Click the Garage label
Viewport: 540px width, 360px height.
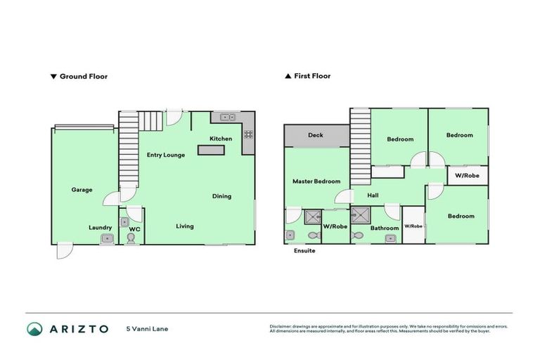[x=82, y=190]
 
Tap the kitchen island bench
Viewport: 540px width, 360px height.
[x=210, y=150]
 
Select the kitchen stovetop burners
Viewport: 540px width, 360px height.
[x=248, y=134]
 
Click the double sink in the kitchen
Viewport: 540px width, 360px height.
[x=227, y=117]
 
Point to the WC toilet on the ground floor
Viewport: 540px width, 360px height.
[x=131, y=238]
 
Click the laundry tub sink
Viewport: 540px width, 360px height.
[x=106, y=239]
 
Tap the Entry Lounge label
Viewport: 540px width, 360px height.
[x=165, y=155]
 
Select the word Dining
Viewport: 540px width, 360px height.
[x=221, y=196]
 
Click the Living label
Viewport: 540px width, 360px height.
[x=185, y=226]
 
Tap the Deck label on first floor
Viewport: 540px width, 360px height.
[x=316, y=135]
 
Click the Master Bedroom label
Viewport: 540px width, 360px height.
[x=316, y=181]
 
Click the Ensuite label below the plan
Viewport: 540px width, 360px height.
[x=304, y=250]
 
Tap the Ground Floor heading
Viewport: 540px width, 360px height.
[x=83, y=76]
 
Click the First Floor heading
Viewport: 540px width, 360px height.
[x=311, y=76]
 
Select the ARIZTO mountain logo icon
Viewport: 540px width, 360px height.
[x=35, y=328]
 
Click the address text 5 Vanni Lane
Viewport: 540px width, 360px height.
[x=147, y=328]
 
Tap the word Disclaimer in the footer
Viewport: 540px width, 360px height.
[x=283, y=326]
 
